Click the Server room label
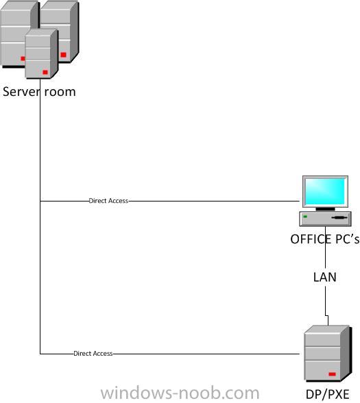[39, 92]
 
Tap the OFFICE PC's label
[325, 239]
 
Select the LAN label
[325, 277]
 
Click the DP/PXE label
[327, 394]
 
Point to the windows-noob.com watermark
[180, 393]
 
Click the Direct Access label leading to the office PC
[108, 201]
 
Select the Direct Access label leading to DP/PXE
[93, 354]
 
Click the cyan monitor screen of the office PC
[325, 191]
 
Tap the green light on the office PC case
[305, 217]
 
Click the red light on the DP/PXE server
[332, 374]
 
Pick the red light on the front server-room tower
[45, 72]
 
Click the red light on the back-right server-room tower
[63, 55]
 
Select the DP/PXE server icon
[327, 354]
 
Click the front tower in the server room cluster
[41, 53]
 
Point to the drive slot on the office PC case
[339, 218]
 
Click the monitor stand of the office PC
[325, 209]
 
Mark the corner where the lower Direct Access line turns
[40, 354]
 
